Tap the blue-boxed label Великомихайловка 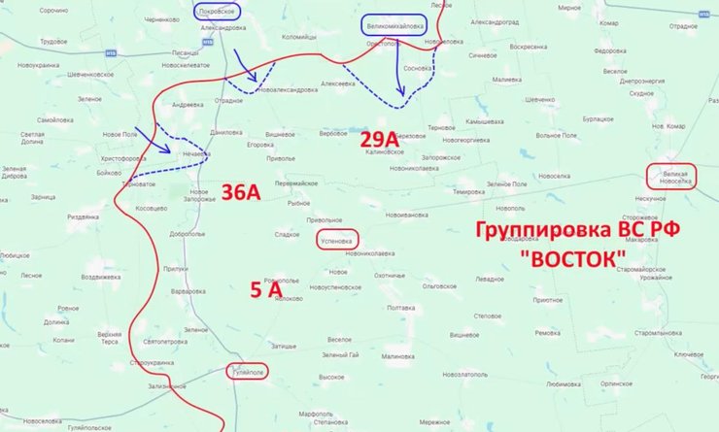coord(394,25)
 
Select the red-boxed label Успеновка coord(337,239)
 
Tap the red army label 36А coord(241,192)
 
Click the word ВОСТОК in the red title coord(572,260)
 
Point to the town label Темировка coord(467,192)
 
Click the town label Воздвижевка coord(100,277)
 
